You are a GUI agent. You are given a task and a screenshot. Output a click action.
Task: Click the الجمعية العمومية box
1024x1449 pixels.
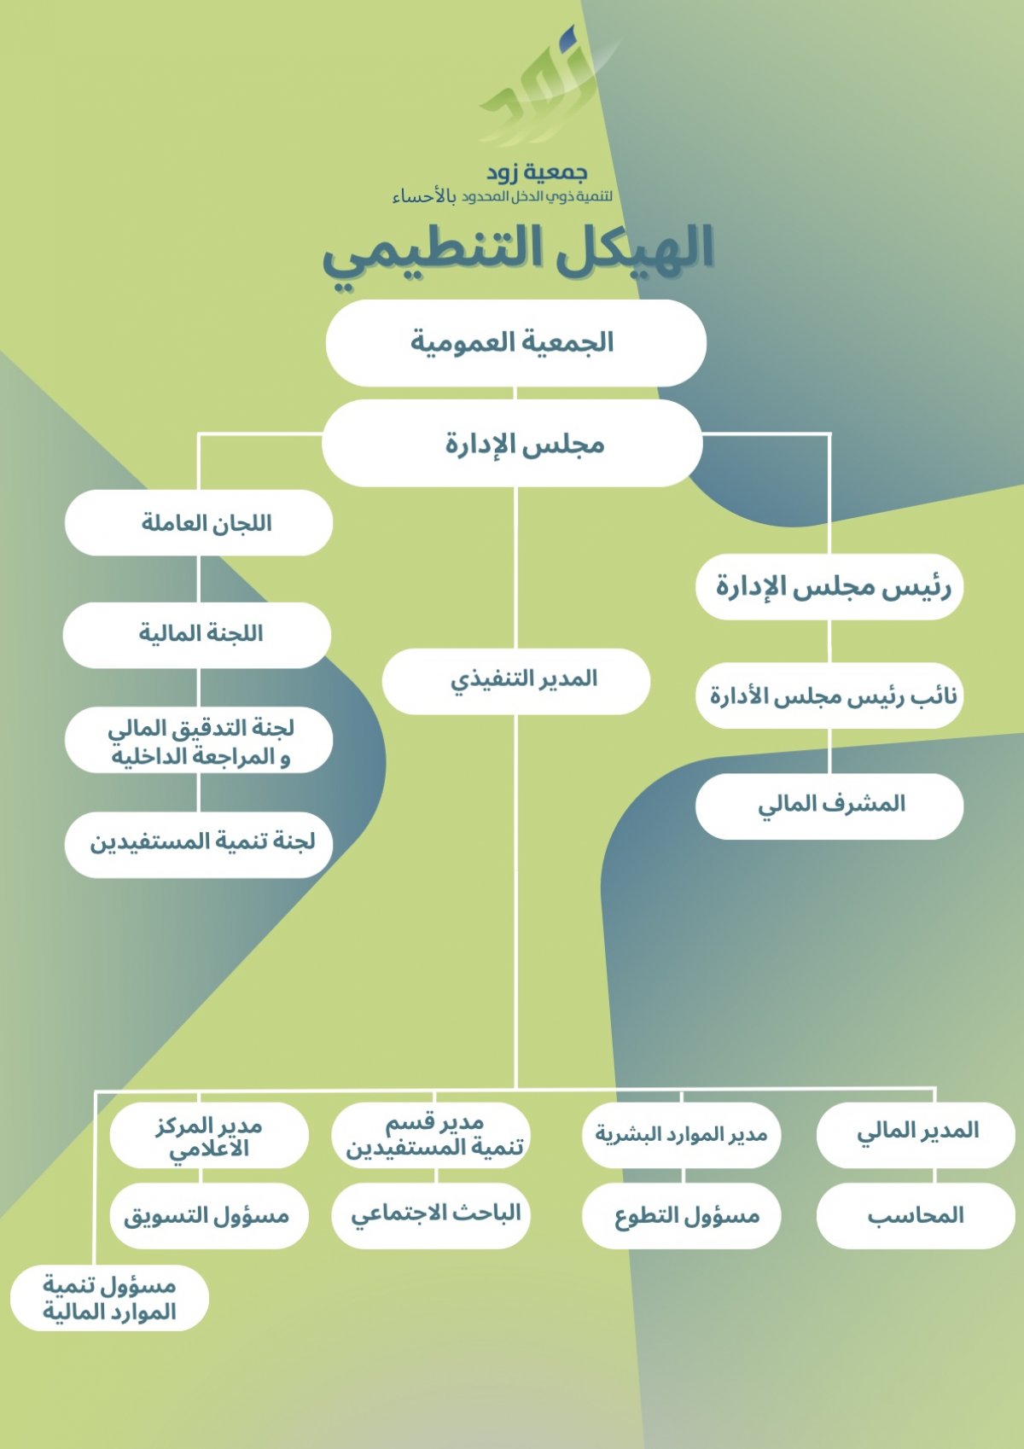pos(515,342)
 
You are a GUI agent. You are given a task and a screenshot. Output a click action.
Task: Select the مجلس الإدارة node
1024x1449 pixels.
pos(513,444)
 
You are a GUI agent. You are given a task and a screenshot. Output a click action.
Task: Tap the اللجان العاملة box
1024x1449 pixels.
pos(199,522)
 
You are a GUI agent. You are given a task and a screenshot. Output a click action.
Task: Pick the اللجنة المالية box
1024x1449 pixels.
pos(197,634)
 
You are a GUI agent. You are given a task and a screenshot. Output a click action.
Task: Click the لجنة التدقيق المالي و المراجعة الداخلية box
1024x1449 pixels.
pos(199,741)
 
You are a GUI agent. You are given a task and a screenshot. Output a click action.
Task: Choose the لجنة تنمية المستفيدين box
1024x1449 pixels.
pos(199,843)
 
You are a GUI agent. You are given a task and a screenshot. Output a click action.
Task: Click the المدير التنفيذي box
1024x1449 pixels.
pos(515,680)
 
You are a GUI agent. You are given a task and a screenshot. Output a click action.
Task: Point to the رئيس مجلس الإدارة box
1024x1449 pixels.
pos(829,587)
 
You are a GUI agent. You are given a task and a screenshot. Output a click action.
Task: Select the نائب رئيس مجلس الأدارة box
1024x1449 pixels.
pos(829,696)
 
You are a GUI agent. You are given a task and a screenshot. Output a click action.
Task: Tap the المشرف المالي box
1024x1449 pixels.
pos(829,805)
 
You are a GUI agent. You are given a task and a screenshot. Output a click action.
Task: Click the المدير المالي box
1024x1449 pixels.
pos(916,1132)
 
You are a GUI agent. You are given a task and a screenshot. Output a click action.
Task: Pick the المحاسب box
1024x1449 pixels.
pos(916,1215)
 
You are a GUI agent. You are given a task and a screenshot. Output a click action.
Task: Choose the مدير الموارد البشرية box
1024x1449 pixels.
pos(681,1134)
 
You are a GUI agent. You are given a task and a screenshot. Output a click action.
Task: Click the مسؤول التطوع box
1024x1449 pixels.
pos(681,1215)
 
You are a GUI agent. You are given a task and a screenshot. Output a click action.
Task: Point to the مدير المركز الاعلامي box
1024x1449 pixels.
pos(209,1135)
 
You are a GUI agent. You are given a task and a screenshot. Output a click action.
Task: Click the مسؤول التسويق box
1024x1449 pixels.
pos(209,1215)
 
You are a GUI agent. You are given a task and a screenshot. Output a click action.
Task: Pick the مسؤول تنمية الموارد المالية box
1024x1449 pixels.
pos(109,1298)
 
